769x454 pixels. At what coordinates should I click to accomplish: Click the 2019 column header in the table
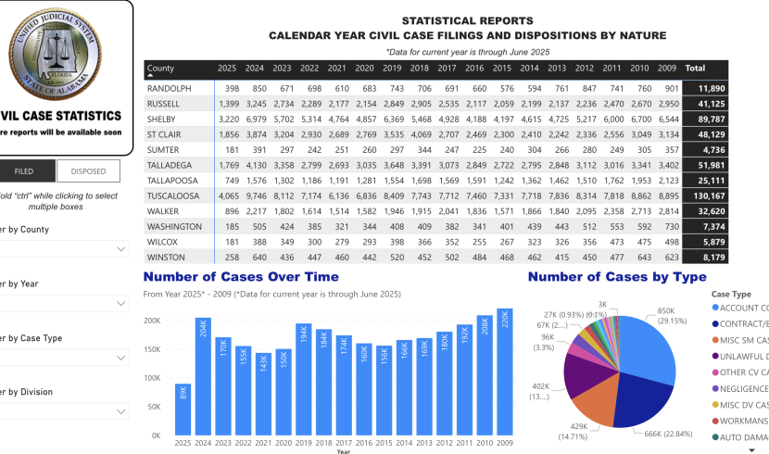point(392,69)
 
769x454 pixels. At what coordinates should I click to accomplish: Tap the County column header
point(161,69)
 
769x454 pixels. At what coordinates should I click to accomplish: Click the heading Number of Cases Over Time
point(241,276)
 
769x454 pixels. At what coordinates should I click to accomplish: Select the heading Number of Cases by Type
point(617,276)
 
